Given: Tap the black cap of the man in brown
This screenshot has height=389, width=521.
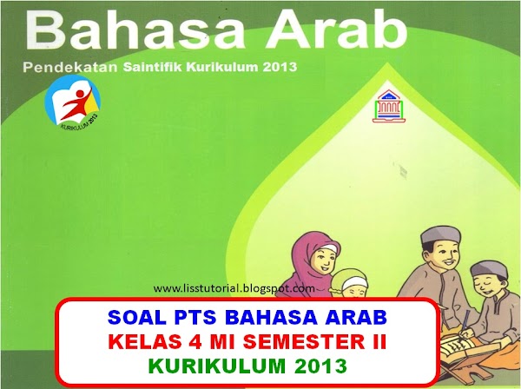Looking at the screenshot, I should [x=438, y=235].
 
